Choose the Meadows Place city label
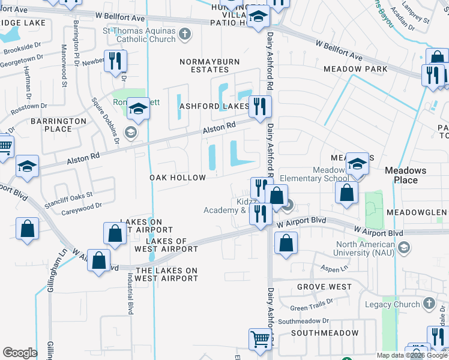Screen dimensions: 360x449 pyautogui.click(x=405, y=175)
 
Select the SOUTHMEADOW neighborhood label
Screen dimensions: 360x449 pyautogui.click(x=325, y=332)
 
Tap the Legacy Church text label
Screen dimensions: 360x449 pyautogui.click(x=393, y=304)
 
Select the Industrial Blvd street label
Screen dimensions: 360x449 pyautogui.click(x=130, y=293)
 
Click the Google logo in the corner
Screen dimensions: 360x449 pyautogui.click(x=20, y=353)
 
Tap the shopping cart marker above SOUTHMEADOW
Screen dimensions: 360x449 pyautogui.click(x=259, y=339)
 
